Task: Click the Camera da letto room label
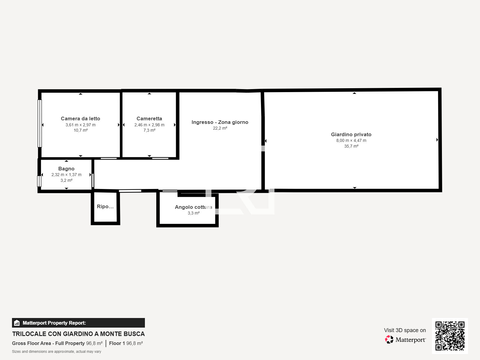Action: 80,118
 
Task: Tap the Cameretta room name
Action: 149,118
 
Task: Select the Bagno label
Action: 66,169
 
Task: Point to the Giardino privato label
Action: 351,134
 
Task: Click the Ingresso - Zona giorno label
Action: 220,122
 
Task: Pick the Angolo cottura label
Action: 193,207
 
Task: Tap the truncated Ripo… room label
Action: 105,207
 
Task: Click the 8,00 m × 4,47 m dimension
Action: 351,140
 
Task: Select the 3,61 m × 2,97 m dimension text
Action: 80,125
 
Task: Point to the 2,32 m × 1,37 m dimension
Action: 66,175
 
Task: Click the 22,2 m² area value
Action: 220,128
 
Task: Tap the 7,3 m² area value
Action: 149,130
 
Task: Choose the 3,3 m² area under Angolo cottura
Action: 193,213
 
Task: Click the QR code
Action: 450,336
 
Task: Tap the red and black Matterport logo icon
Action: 389,340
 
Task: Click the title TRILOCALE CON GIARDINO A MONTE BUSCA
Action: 79,334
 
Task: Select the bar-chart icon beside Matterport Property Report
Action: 17,323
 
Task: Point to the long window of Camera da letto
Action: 40,124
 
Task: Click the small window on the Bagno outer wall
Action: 39,181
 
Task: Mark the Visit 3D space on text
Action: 405,330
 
